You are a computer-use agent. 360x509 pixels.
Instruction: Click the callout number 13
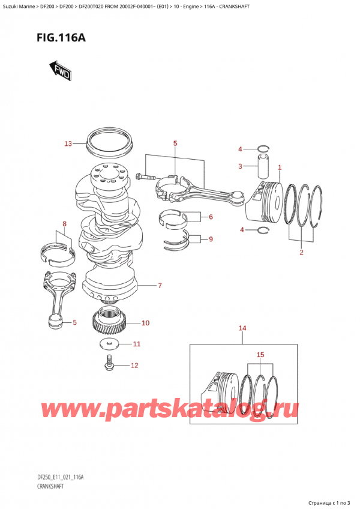[68, 143]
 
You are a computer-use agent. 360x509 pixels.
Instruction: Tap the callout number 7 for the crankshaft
[160, 286]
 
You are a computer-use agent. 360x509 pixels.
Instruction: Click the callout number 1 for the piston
[280, 167]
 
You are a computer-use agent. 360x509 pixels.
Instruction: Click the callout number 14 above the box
[242, 328]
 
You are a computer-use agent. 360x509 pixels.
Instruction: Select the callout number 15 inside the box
[260, 355]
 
